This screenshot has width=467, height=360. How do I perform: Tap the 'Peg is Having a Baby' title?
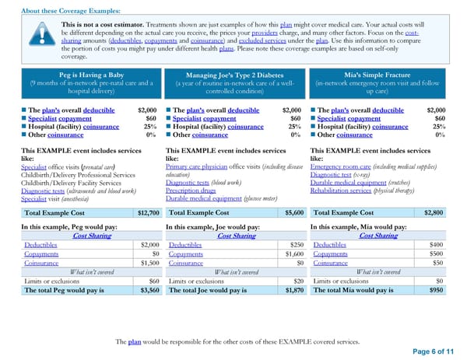coord(93,75)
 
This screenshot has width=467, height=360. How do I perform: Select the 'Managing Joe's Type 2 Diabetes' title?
coord(234,75)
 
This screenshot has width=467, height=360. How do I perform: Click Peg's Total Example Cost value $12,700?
coord(148,212)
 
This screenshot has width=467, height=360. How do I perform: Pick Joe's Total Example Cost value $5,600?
coord(293,212)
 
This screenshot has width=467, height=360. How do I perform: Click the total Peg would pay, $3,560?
coord(149,289)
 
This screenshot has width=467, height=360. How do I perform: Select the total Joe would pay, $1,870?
coord(293,289)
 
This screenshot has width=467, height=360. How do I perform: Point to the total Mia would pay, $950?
coord(437,289)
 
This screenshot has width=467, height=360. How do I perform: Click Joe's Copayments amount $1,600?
coord(291,253)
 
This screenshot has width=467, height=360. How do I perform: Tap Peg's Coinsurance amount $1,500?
coord(148,263)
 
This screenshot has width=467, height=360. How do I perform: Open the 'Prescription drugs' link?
coord(192,190)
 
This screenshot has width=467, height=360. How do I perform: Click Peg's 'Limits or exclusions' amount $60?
coord(153,281)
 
